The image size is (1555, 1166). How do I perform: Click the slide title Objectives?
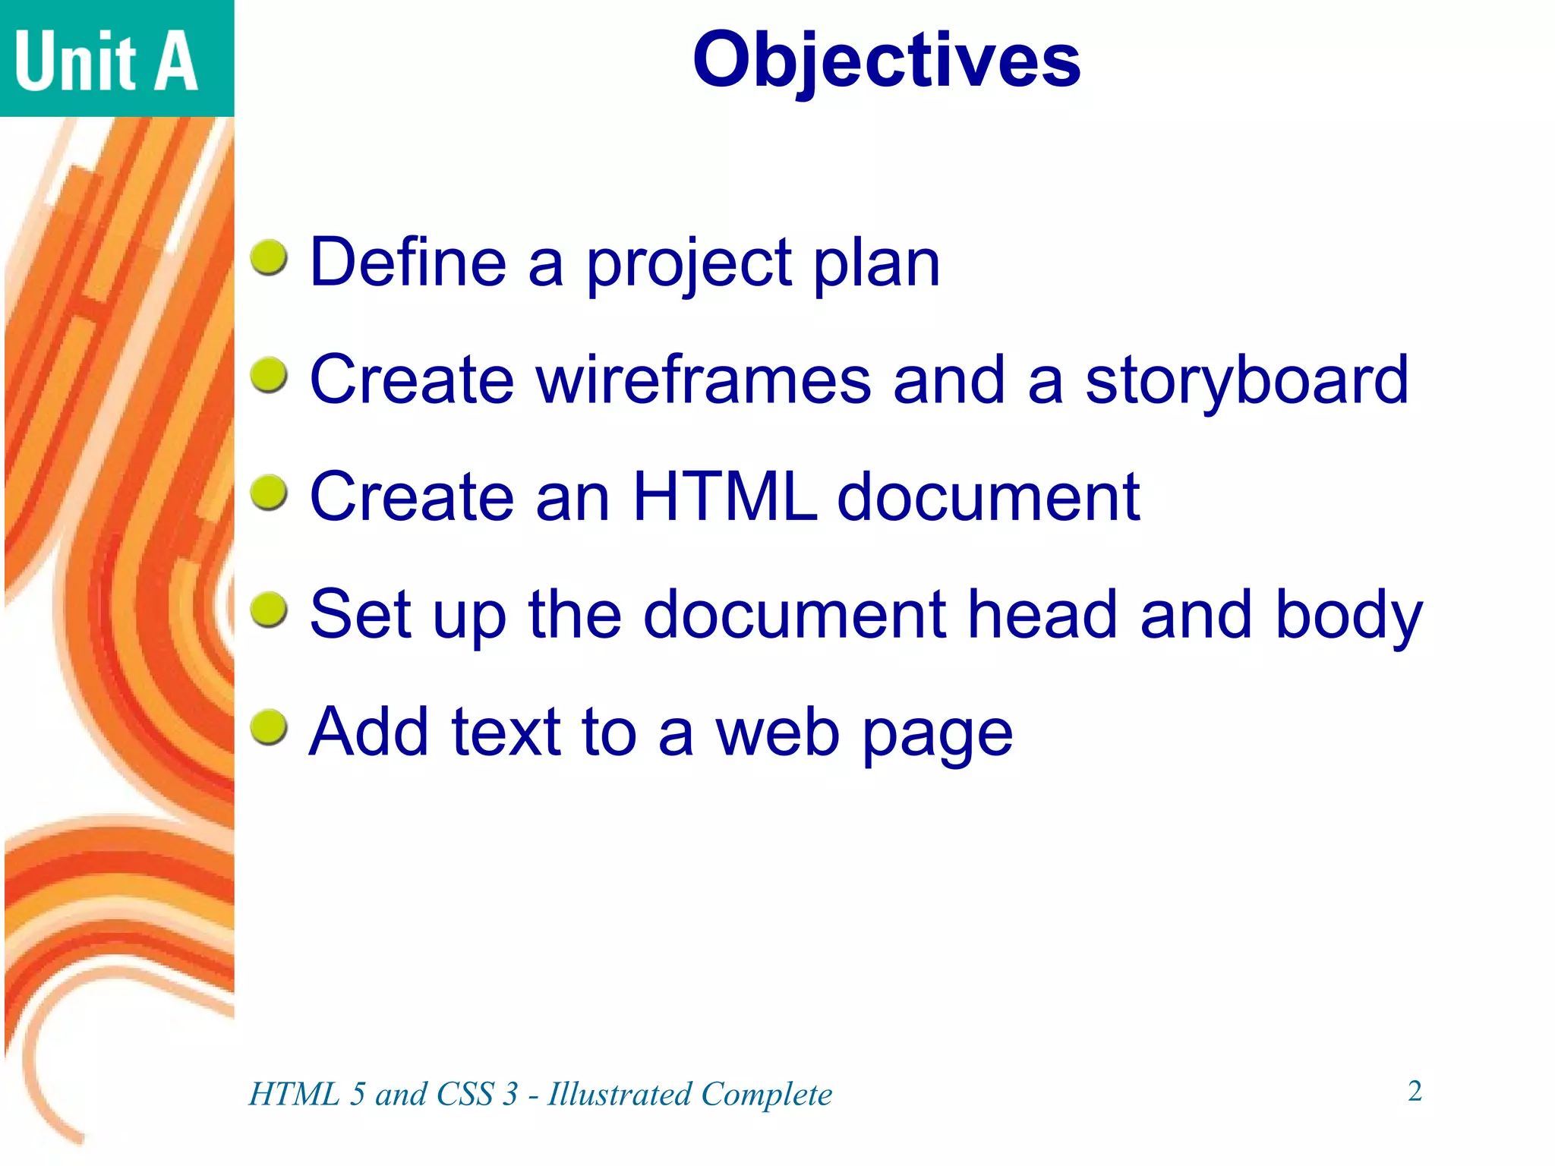tap(886, 61)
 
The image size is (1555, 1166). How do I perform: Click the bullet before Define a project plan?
tap(269, 258)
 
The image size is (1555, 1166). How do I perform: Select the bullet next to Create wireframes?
tap(269, 376)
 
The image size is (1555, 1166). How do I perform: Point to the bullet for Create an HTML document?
tap(269, 493)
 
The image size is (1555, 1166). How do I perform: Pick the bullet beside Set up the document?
tap(269, 610)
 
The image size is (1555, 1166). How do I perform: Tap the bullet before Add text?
tap(269, 728)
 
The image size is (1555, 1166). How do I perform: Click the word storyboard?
tap(1247, 381)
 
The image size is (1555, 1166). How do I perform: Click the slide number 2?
tap(1415, 1091)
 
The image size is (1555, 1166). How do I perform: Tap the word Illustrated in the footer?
tap(620, 1094)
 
